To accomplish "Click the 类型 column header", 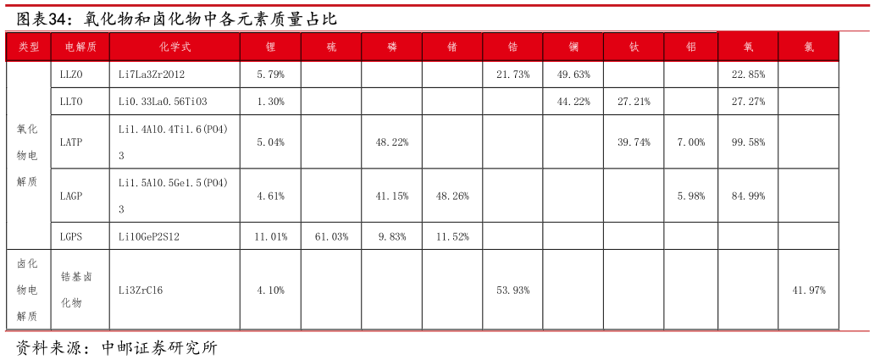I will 29,47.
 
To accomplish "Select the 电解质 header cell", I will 80,47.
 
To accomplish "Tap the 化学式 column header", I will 174,47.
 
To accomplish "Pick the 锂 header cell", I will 270,47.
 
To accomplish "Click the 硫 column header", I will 331,47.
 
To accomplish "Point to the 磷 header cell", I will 391,47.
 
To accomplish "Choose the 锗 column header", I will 452,47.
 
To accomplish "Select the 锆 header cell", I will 512,47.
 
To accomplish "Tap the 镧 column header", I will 573,47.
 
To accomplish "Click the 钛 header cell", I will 634,47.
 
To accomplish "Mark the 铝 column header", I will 691,47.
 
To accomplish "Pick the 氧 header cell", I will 748,47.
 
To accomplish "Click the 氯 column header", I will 808,47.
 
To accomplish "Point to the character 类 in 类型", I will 24,47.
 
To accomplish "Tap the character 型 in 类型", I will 35,47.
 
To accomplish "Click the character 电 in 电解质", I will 70,47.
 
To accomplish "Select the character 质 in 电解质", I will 91,47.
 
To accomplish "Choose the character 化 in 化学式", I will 164,47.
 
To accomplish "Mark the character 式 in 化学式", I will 186,47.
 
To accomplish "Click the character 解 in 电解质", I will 80,47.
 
